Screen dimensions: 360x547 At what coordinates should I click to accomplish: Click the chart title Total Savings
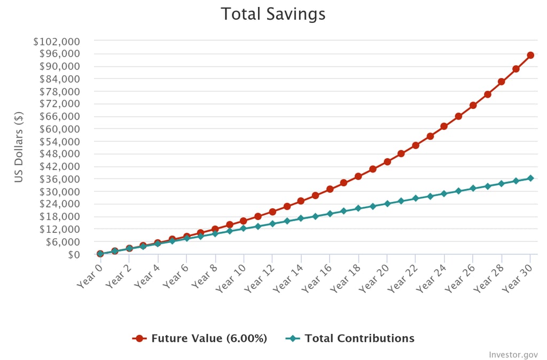[273, 14]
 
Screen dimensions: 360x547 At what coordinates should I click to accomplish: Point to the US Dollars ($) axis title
[19, 147]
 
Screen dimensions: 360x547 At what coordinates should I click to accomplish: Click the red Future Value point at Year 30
[530, 55]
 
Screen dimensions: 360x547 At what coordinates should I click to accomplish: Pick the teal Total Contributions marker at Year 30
[530, 178]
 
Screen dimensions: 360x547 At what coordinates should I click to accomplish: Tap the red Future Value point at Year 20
[387, 161]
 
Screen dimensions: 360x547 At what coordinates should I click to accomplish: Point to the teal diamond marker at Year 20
[387, 204]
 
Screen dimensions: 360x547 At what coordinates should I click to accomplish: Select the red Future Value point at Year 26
[473, 105]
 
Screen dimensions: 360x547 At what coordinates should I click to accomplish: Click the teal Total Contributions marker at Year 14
[301, 218]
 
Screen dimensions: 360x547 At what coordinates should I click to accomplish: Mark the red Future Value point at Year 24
[444, 126]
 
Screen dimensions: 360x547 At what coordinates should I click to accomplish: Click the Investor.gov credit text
[513, 355]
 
